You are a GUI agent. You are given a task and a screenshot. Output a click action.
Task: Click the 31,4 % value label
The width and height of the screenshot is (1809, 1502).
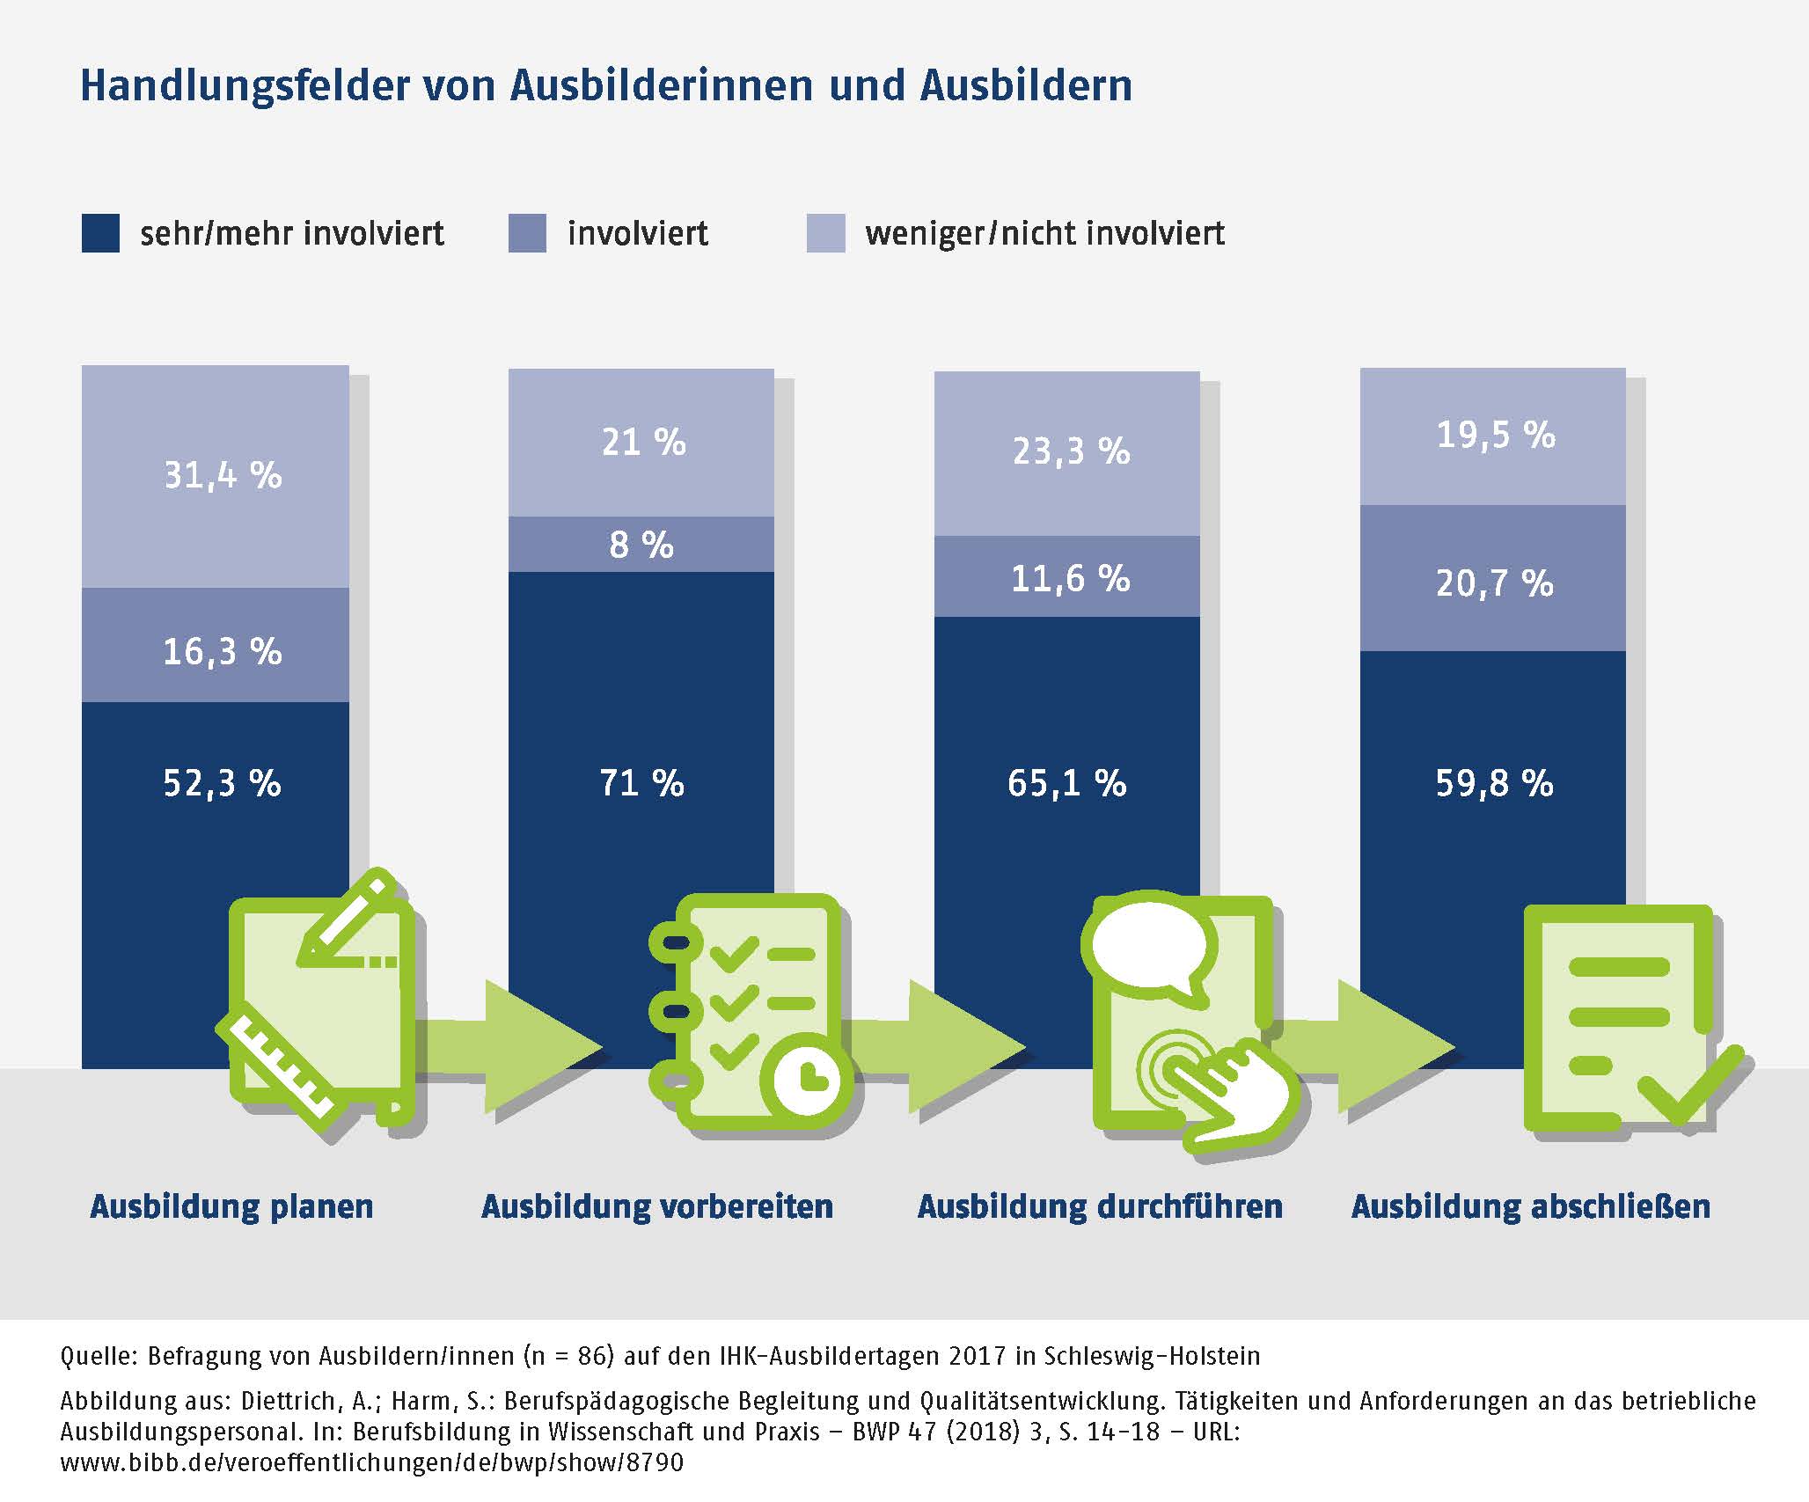(x=223, y=476)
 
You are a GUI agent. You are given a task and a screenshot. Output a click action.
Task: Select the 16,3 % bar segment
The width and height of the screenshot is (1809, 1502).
(x=216, y=644)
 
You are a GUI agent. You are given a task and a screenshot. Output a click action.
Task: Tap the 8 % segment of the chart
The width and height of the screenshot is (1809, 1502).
(x=641, y=545)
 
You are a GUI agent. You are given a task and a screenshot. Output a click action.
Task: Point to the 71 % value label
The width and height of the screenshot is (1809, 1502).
(x=641, y=783)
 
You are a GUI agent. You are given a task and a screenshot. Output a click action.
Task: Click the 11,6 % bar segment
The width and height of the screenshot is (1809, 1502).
(x=1067, y=577)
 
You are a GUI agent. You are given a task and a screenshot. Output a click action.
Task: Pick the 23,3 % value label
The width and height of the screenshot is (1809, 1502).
(x=1071, y=451)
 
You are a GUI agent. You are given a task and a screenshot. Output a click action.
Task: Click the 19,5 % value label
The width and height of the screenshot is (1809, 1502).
(x=1496, y=436)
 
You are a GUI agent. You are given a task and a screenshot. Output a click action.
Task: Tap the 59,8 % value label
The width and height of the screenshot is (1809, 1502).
(x=1494, y=783)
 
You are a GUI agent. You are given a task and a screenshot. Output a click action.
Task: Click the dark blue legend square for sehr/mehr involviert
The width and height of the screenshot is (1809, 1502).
(x=100, y=233)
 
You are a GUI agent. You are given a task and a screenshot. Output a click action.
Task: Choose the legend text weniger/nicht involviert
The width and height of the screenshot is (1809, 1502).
(x=1044, y=233)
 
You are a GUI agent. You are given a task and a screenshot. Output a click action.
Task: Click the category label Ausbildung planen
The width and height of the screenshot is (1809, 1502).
(x=231, y=1205)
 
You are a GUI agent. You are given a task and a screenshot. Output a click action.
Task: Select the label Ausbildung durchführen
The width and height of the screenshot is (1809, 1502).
(x=1100, y=1205)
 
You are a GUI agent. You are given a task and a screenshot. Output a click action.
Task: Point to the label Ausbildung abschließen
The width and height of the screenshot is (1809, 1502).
(x=1531, y=1205)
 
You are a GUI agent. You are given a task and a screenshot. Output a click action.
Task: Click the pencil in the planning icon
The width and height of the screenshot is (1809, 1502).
(x=348, y=917)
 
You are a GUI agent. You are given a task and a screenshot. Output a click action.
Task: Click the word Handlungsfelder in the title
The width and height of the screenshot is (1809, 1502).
(x=244, y=86)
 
